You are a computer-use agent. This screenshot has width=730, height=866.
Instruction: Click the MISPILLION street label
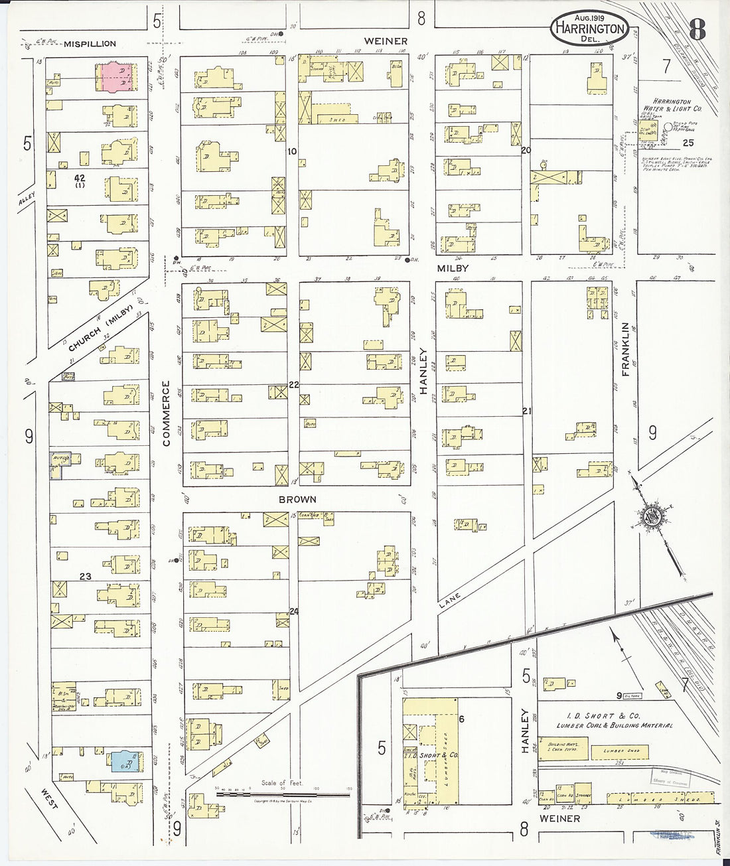(90, 44)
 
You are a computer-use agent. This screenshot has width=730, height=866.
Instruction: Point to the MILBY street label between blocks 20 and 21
(453, 268)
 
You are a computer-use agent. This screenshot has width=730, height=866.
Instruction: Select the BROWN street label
(297, 499)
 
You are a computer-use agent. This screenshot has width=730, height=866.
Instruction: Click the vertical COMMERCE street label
(166, 413)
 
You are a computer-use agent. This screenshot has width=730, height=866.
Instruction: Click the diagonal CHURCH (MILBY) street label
(101, 329)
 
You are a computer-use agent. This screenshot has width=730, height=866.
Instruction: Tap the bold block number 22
(293, 385)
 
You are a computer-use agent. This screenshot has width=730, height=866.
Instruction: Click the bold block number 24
(293, 612)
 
